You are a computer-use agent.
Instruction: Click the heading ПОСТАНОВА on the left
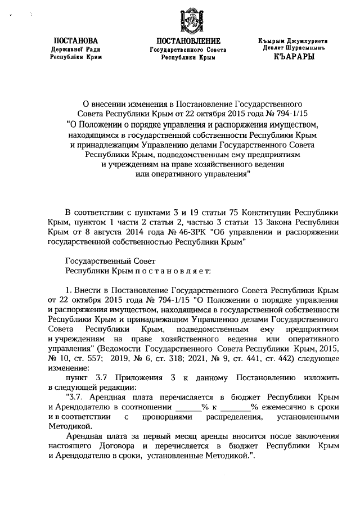[x=75, y=41]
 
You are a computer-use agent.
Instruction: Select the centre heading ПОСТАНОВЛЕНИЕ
[x=188, y=41]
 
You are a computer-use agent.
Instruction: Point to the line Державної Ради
[x=75, y=49]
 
